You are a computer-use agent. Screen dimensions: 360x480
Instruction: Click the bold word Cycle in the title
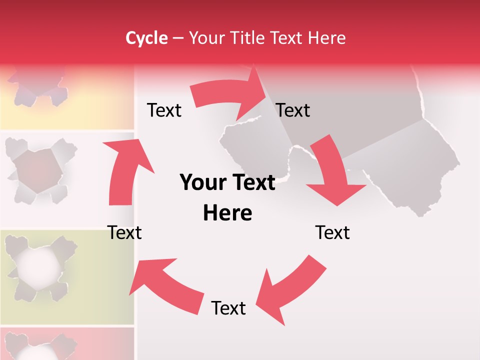[x=146, y=38]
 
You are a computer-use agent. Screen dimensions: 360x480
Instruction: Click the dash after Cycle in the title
[x=177, y=38]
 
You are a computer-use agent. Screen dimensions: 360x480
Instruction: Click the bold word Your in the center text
[x=201, y=183]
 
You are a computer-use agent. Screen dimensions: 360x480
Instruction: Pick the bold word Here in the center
[x=227, y=213]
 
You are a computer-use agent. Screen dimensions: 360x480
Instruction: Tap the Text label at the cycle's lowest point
[x=228, y=308]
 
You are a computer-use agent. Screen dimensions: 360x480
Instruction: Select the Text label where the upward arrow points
[x=164, y=110]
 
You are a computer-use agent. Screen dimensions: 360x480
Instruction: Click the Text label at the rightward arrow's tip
[x=293, y=110]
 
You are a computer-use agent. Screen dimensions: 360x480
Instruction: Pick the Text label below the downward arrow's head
[x=332, y=233]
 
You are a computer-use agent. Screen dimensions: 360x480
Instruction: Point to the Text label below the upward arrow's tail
[x=124, y=233]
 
